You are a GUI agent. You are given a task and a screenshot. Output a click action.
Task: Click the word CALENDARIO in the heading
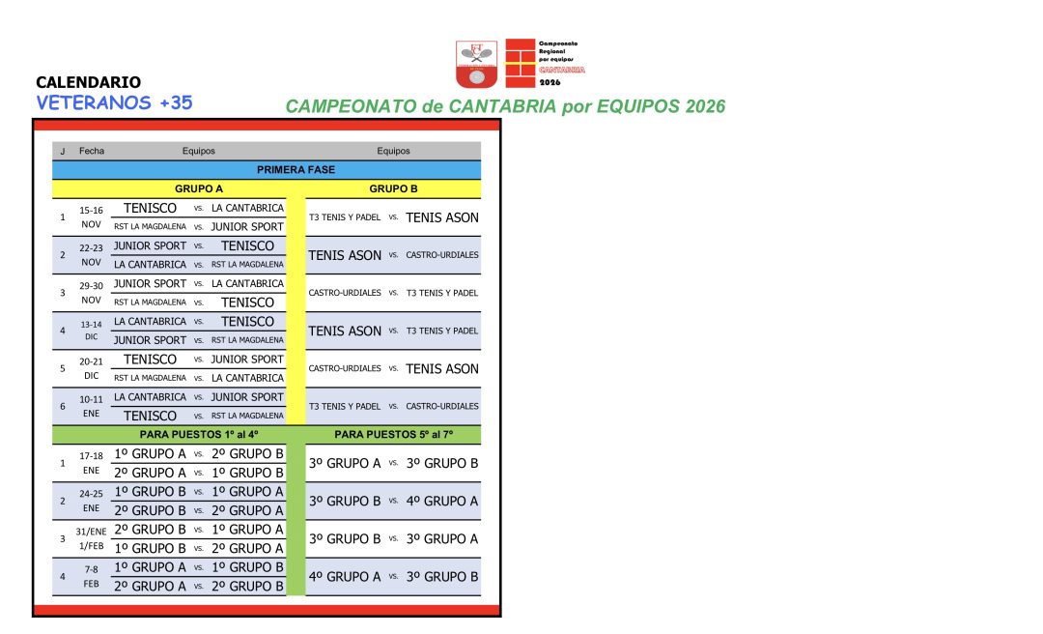coord(88,83)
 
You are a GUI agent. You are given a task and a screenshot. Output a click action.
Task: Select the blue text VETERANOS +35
coord(114,103)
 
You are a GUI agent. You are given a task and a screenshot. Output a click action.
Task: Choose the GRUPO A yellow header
coord(198,189)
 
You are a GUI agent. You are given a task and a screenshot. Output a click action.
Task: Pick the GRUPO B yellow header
coord(393,189)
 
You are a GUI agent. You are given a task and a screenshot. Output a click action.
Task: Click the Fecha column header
coord(92,151)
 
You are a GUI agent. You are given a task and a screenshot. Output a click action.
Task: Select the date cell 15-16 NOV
coord(91,217)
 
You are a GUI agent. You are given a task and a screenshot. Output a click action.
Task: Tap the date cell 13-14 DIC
coord(91,331)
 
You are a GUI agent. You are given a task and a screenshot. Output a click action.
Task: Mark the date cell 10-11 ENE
coord(91,406)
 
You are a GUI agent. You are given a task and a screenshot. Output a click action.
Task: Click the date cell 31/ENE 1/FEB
coord(91,538)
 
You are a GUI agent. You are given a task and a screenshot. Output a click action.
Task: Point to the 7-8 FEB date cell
coord(91,576)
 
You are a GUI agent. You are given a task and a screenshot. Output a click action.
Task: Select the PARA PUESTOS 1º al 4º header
coord(198,435)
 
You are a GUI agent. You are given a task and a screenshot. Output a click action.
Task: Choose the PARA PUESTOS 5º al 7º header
coord(393,435)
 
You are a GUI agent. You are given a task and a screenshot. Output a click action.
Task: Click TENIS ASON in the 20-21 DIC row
coord(441,368)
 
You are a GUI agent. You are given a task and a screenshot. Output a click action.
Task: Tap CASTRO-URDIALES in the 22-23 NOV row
coord(441,255)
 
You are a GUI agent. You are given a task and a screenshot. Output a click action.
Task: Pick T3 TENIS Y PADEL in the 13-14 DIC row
coord(441,331)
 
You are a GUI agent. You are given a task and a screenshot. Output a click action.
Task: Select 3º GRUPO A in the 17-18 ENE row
coord(345,463)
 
